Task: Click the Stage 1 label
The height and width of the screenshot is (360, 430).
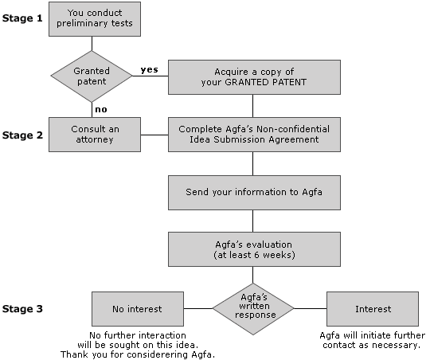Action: coord(22,18)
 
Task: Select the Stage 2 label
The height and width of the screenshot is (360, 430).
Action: coord(22,135)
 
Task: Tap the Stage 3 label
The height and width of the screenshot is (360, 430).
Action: coord(22,309)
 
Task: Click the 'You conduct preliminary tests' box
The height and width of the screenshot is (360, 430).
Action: coord(95,19)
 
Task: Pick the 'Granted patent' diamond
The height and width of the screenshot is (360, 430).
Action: coord(92,76)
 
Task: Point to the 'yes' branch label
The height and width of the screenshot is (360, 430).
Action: coord(150,70)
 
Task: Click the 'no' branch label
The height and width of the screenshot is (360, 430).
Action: coord(101,109)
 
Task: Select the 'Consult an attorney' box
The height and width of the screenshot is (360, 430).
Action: coord(95,135)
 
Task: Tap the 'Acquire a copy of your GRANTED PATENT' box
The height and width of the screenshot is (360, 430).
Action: coord(254,77)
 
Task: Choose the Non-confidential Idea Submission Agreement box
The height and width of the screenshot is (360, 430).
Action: coord(254,135)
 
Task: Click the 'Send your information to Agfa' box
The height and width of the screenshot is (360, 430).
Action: coord(254,193)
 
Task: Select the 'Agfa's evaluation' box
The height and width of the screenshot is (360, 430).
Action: coord(254,249)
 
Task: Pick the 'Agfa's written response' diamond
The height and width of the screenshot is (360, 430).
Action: coord(253,309)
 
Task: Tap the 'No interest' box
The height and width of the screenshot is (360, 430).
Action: coord(138,309)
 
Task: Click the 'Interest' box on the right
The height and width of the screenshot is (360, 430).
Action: coord(373,309)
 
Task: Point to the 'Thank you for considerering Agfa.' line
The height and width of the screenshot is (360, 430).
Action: coord(138,354)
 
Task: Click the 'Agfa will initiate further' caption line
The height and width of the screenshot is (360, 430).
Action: coord(373,335)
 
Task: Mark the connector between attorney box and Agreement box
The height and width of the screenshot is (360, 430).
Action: coord(154,135)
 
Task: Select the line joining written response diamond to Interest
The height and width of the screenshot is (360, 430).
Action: coord(311,309)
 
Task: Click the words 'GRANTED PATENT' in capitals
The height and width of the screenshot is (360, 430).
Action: coord(265,82)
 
